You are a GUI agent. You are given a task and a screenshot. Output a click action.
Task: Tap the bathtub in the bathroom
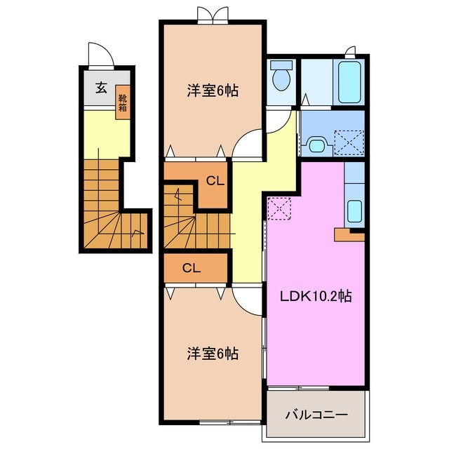pyautogui.click(x=349, y=83)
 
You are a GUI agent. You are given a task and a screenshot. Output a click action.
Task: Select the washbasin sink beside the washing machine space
pyautogui.click(x=317, y=145)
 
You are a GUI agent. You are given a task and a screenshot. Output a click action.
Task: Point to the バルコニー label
pyautogui.click(x=316, y=415)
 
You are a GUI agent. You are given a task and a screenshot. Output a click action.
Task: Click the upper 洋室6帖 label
pyautogui.click(x=212, y=91)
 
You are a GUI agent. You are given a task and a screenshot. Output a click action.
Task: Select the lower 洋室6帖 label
pyautogui.click(x=212, y=353)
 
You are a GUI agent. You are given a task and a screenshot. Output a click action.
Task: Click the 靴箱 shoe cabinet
pyautogui.click(x=123, y=103)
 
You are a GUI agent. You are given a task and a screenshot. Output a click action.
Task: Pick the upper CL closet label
pyautogui.click(x=214, y=180)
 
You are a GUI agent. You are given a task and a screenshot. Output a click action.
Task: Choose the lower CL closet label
pyautogui.click(x=192, y=267)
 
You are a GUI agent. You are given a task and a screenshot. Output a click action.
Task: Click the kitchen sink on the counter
pyautogui.click(x=354, y=210)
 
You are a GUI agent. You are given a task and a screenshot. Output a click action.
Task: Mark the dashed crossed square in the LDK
pyautogui.click(x=279, y=208)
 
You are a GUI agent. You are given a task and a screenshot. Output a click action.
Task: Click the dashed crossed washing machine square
pyautogui.click(x=348, y=142)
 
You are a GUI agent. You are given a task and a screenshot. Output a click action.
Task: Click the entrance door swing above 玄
pyautogui.click(x=98, y=55)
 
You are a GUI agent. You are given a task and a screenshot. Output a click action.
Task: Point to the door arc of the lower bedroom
pyautogui.click(x=245, y=302)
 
